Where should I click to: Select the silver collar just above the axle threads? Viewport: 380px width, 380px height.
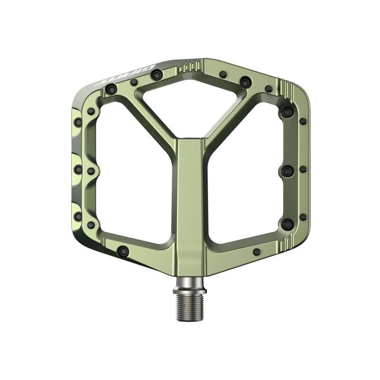coord(190,285)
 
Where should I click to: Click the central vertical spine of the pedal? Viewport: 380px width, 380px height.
coord(190,199)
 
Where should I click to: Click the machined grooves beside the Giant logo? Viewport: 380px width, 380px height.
coord(189,67)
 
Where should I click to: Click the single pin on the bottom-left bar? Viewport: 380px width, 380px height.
coord(123,251)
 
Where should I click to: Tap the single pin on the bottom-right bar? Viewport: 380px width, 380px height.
coord(256,252)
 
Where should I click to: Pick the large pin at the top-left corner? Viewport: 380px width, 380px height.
coord(112,89)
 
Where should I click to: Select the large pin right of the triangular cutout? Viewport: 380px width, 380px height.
coord(245,82)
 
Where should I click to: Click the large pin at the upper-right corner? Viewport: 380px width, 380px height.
coord(287,112)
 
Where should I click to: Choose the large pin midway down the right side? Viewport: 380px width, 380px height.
coord(287,170)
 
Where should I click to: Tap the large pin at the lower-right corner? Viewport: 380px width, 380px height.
coord(287,224)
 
